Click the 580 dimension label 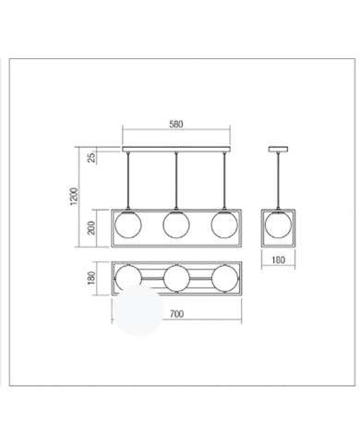[x=176, y=125]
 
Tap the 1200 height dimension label [x=75, y=197]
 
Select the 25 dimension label [x=91, y=157]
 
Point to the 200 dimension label [x=91, y=228]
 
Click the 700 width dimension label [x=176, y=314]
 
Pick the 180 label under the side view [x=278, y=260]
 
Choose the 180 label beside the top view [x=91, y=278]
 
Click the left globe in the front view [x=127, y=224]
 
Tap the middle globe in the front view [x=176, y=224]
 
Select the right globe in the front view [x=224, y=224]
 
